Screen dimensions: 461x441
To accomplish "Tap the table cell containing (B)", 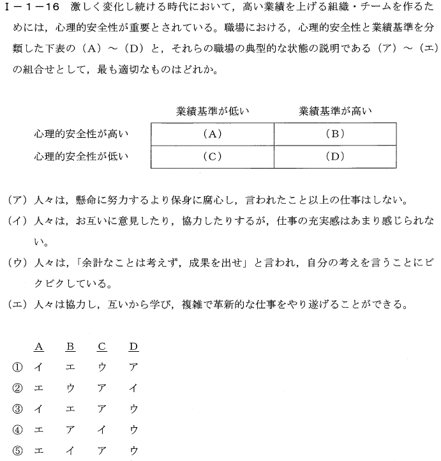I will [x=334, y=133].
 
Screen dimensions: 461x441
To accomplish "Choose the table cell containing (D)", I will [x=334, y=156].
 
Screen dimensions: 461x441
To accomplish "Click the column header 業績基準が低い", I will [x=212, y=111].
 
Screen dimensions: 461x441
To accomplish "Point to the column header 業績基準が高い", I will [x=336, y=111].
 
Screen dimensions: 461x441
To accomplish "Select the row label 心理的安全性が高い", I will [x=82, y=133].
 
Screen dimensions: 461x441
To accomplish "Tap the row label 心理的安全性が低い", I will [x=82, y=156].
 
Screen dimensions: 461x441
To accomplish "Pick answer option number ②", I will [x=17, y=388].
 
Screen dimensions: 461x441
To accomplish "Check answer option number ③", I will [x=17, y=408].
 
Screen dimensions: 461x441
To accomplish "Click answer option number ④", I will [x=17, y=429].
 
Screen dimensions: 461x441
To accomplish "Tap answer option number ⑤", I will [x=17, y=450].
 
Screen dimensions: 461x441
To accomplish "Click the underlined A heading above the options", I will [x=39, y=347].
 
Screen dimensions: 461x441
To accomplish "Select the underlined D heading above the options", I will [x=133, y=347].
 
